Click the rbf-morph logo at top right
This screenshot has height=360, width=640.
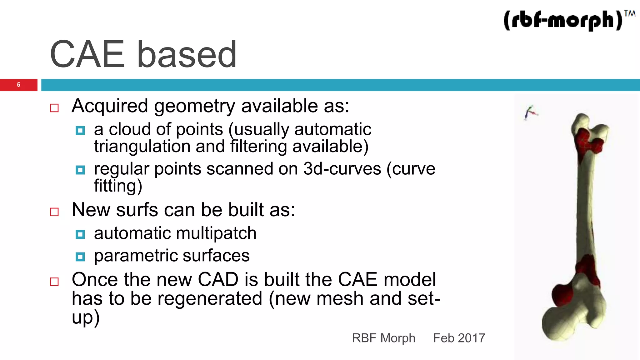pyautogui.click(x=562, y=21)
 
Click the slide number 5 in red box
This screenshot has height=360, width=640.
pyautogui.click(x=18, y=85)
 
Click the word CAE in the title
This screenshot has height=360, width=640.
pyautogui.click(x=87, y=54)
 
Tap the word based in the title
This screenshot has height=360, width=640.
pyautogui.click(x=187, y=54)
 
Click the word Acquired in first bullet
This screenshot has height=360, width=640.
pyautogui.click(x=110, y=106)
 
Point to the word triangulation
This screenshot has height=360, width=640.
pyautogui.click(x=142, y=146)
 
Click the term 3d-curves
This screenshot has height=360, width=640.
pyautogui.click(x=342, y=169)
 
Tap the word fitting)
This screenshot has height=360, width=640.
pyautogui.click(x=118, y=186)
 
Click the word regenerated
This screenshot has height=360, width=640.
pyautogui.click(x=210, y=298)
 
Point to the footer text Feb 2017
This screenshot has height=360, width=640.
pyautogui.click(x=459, y=338)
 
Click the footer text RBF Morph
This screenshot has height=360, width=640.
pyautogui.click(x=383, y=338)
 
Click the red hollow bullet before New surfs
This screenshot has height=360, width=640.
pyautogui.click(x=54, y=212)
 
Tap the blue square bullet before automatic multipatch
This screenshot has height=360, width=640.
pyautogui.click(x=80, y=234)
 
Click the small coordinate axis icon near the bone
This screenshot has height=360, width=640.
pyautogui.click(x=530, y=113)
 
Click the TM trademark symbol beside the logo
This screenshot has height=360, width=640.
pyautogui.click(x=629, y=14)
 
